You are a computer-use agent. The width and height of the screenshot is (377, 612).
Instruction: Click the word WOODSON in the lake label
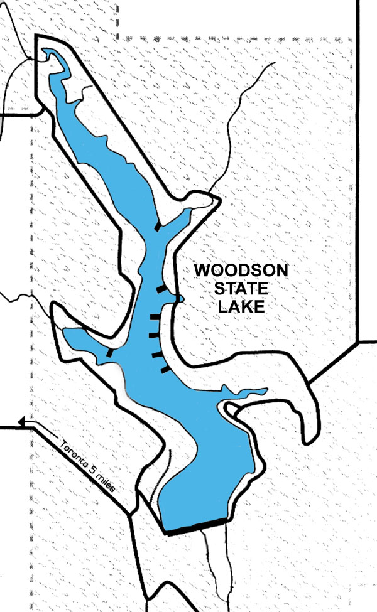241,271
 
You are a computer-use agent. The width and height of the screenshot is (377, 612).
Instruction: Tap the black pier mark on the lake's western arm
110,353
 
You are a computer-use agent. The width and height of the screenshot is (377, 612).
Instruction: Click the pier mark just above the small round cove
163,289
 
